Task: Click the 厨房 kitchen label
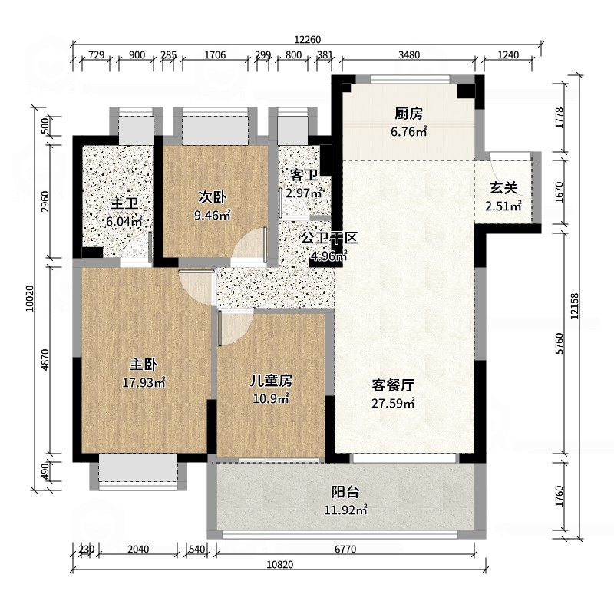(x=408, y=114)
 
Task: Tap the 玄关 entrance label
(x=503, y=188)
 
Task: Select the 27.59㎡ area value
(x=393, y=403)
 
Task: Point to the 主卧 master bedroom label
(x=144, y=365)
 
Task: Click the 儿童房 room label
(x=272, y=380)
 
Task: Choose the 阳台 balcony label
(x=345, y=492)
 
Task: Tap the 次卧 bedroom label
(x=212, y=197)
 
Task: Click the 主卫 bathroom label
(x=124, y=203)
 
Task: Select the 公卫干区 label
(x=329, y=238)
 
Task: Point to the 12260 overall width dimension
(x=308, y=40)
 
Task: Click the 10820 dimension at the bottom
(x=280, y=564)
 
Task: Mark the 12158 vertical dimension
(x=574, y=306)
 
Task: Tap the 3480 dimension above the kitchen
(x=409, y=54)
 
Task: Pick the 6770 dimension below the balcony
(x=345, y=550)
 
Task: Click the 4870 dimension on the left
(x=45, y=359)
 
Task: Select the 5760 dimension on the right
(x=560, y=343)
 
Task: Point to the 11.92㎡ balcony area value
(x=345, y=510)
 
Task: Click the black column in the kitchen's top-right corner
(x=467, y=91)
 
